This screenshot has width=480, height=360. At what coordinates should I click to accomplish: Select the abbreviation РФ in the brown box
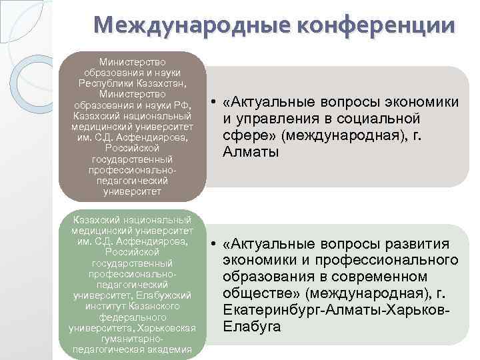(x=181, y=105)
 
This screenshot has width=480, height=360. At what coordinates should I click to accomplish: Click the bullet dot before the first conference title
(x=211, y=102)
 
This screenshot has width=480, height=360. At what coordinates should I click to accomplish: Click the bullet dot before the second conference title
(x=211, y=244)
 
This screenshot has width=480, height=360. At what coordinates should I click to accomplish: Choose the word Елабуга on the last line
(x=252, y=327)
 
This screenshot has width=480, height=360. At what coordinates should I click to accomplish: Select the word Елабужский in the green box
(x=170, y=295)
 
